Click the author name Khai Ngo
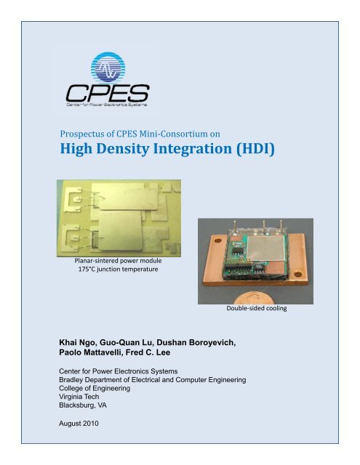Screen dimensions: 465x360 [83, 341]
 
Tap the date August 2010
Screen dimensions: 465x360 [79, 432]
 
